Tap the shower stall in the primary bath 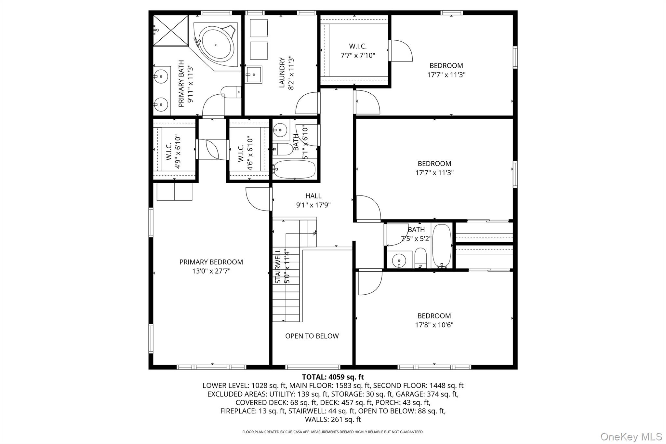pyautogui.click(x=171, y=31)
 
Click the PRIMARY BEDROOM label pyautogui.click(x=211, y=262)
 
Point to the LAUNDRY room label pyautogui.click(x=282, y=73)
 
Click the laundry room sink pyautogui.click(x=254, y=75)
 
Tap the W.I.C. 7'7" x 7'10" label pyautogui.click(x=358, y=51)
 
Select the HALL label pyautogui.click(x=313, y=196)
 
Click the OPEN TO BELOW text pyautogui.click(x=312, y=336)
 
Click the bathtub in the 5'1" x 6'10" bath pyautogui.click(x=295, y=169)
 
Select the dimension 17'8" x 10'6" pyautogui.click(x=434, y=325)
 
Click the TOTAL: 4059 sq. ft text pyautogui.click(x=333, y=377)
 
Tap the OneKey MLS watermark pyautogui.click(x=631, y=437)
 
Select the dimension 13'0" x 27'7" pyautogui.click(x=211, y=271)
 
